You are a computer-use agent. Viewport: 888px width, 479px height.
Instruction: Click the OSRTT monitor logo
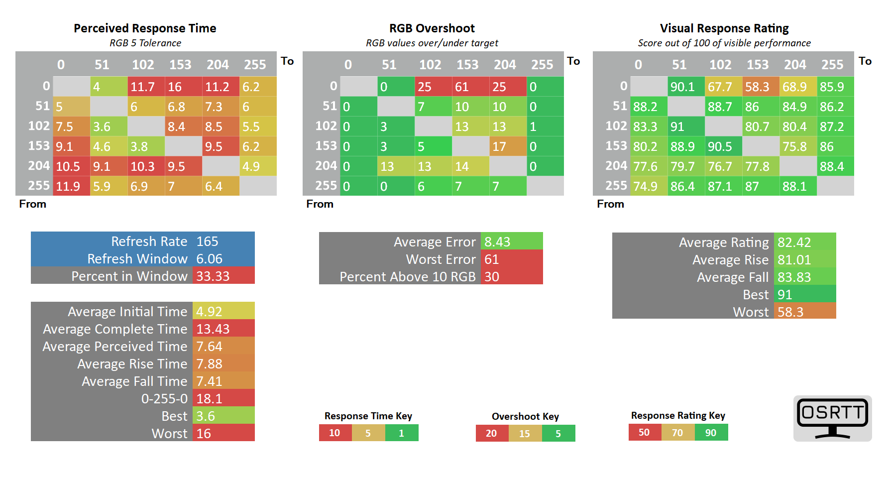pos(832,418)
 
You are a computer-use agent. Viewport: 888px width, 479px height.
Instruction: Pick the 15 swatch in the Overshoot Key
pos(525,433)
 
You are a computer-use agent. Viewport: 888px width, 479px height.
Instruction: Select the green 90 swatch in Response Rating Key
pos(711,432)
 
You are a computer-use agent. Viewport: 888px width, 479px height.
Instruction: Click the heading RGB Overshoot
pos(432,28)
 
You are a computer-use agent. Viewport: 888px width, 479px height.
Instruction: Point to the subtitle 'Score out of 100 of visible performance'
pos(724,43)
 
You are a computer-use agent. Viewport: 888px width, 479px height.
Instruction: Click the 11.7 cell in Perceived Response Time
pos(146,86)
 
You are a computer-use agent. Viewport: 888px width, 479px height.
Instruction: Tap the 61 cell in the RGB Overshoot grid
pos(471,86)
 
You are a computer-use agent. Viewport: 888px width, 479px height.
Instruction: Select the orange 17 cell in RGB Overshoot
pos(508,146)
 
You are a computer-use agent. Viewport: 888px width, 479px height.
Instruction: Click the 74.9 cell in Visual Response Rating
pos(649,186)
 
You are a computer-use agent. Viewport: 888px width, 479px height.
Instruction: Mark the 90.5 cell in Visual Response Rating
pos(724,146)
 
